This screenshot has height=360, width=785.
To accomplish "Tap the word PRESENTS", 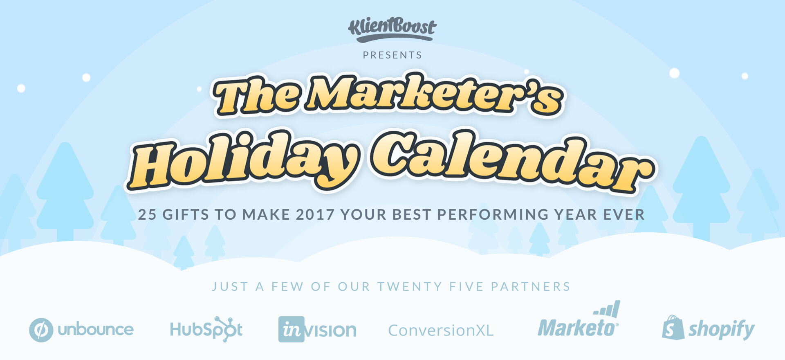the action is [x=392, y=55].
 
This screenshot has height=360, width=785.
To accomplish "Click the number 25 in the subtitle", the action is [x=147, y=215].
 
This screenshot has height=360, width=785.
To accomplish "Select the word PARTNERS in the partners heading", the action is [x=531, y=287].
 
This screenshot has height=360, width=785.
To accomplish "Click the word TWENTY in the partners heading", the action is [x=410, y=287].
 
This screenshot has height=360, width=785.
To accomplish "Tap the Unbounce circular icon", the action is [x=41, y=330].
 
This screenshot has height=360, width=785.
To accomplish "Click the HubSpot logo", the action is [x=206, y=329].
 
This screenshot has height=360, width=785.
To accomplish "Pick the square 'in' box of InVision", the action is [x=292, y=329].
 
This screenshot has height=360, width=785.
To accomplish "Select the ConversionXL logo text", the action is [x=441, y=331].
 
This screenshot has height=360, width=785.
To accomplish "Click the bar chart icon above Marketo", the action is [x=607, y=309].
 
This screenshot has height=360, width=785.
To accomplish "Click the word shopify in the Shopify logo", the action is [x=722, y=330].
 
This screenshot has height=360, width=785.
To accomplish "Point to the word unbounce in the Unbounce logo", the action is [x=96, y=329].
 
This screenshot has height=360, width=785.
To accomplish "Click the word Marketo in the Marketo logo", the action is [x=577, y=328].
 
